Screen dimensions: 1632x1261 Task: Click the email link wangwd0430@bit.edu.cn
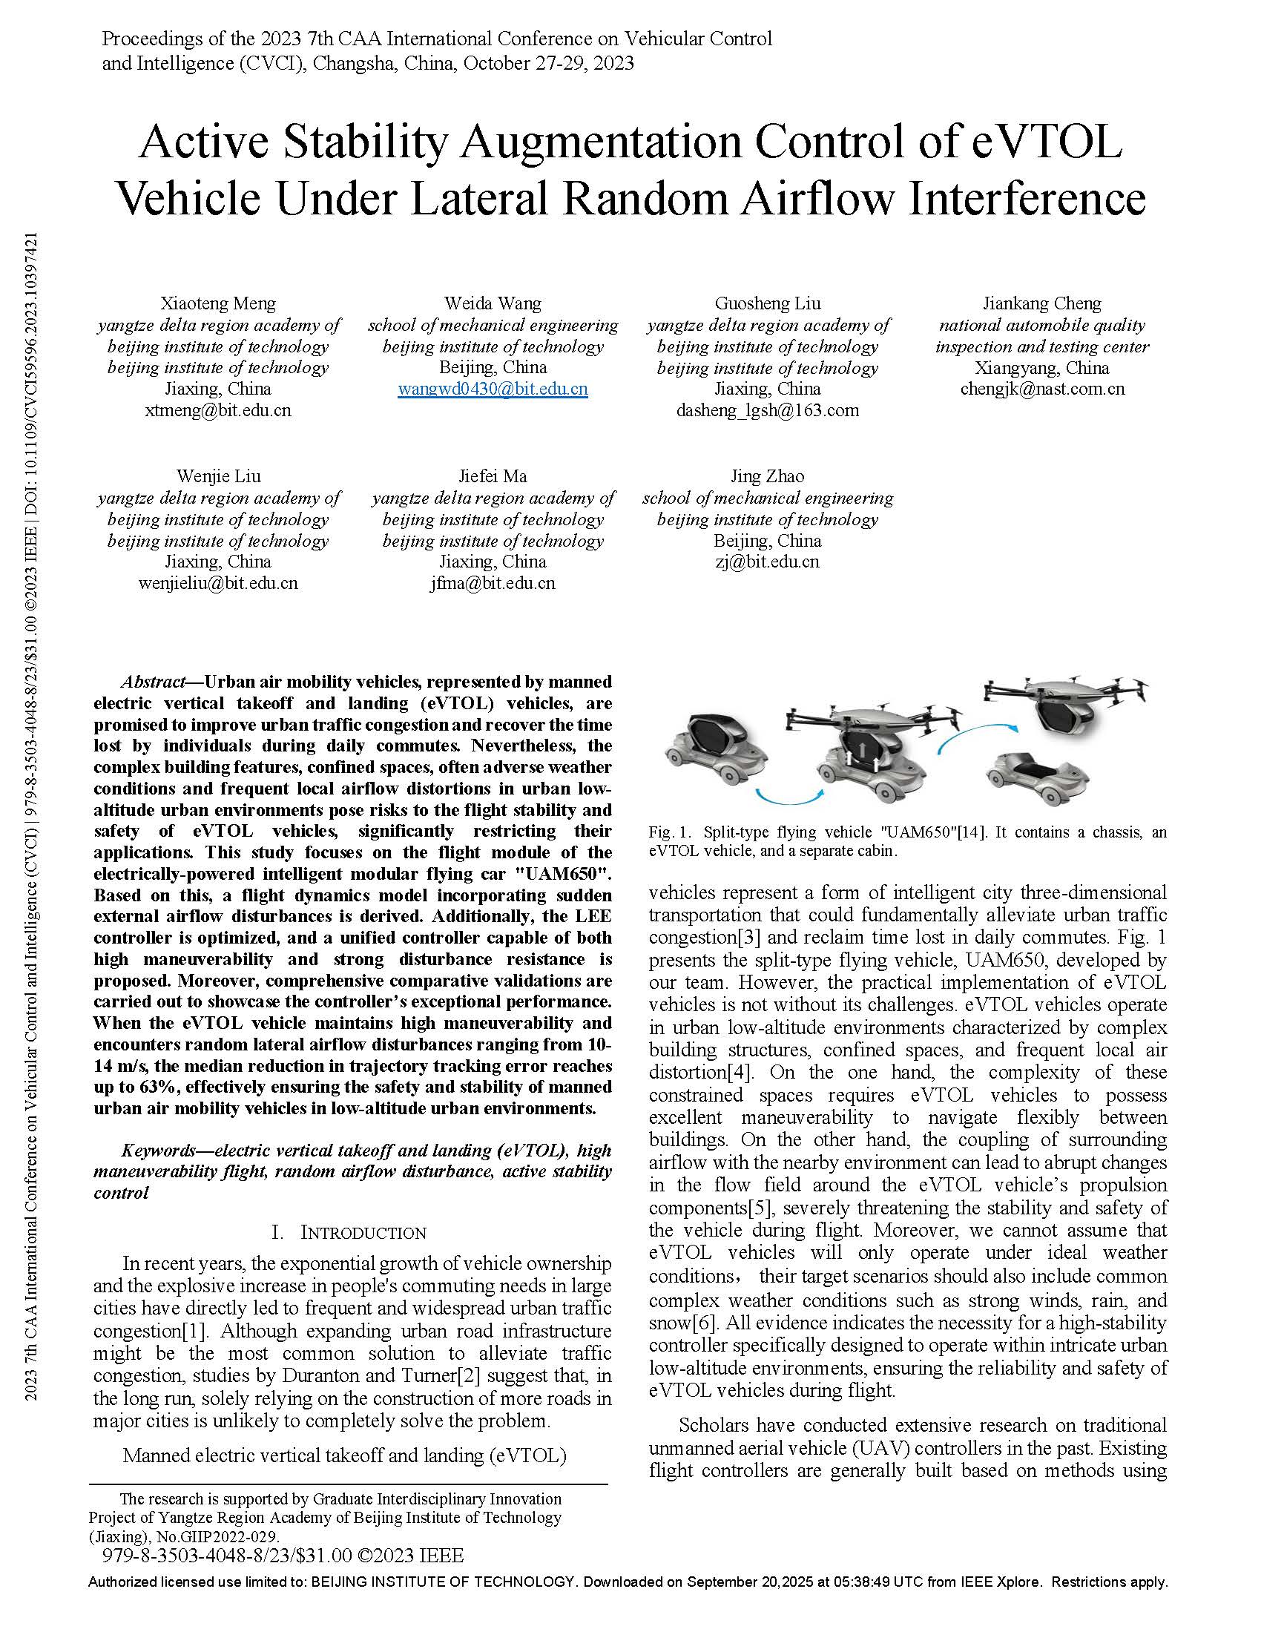click(x=493, y=389)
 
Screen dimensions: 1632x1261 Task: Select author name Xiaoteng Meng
click(x=218, y=303)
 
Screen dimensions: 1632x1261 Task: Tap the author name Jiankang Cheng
click(x=1041, y=303)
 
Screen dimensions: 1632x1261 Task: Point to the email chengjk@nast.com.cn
click(x=1041, y=389)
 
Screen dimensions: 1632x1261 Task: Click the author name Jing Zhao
click(x=767, y=476)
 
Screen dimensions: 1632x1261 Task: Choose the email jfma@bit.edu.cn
click(x=493, y=583)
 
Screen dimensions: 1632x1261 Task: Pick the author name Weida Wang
click(x=493, y=303)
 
